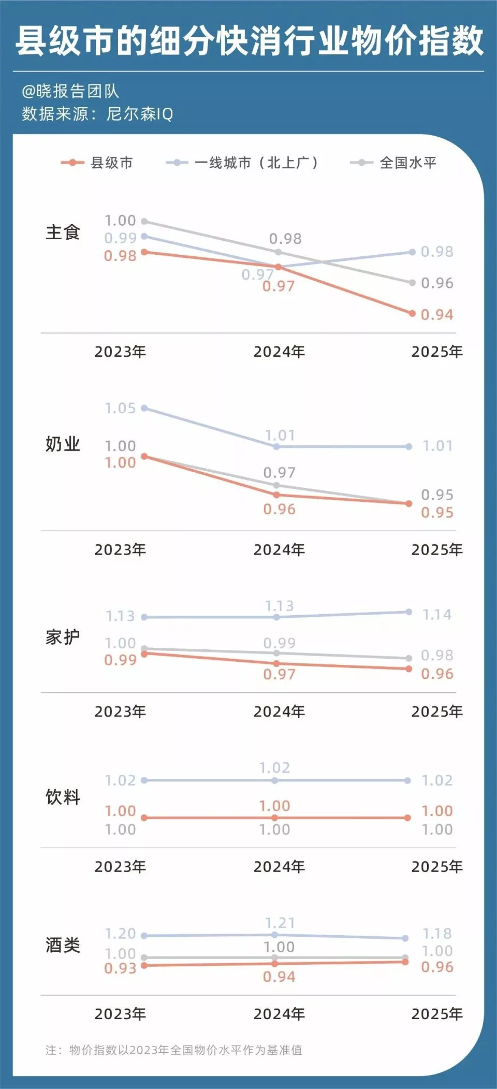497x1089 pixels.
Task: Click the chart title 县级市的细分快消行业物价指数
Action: click(x=249, y=41)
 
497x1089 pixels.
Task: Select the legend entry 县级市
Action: click(x=111, y=163)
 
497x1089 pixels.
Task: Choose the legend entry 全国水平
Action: click(x=408, y=163)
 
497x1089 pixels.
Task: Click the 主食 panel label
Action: click(x=63, y=232)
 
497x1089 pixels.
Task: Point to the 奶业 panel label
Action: click(x=63, y=444)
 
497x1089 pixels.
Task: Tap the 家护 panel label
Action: click(x=63, y=637)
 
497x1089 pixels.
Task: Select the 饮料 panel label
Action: click(x=63, y=797)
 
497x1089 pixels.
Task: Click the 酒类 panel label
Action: click(x=63, y=945)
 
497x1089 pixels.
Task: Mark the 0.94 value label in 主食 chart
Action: click(x=437, y=315)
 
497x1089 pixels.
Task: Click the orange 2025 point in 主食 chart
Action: click(x=412, y=313)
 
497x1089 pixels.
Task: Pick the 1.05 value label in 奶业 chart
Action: click(x=120, y=409)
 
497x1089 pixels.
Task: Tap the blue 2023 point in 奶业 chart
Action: click(x=144, y=408)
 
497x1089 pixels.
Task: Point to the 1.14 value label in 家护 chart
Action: click(x=437, y=615)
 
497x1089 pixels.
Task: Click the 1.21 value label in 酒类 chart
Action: click(x=280, y=923)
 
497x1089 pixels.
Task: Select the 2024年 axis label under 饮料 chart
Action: click(x=279, y=866)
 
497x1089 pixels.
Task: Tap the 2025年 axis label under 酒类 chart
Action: click(x=437, y=1013)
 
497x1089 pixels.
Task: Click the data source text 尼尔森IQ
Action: click(x=140, y=114)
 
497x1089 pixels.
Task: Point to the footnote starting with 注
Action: click(x=174, y=1050)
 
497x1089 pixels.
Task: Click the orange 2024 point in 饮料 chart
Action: click(x=274, y=818)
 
